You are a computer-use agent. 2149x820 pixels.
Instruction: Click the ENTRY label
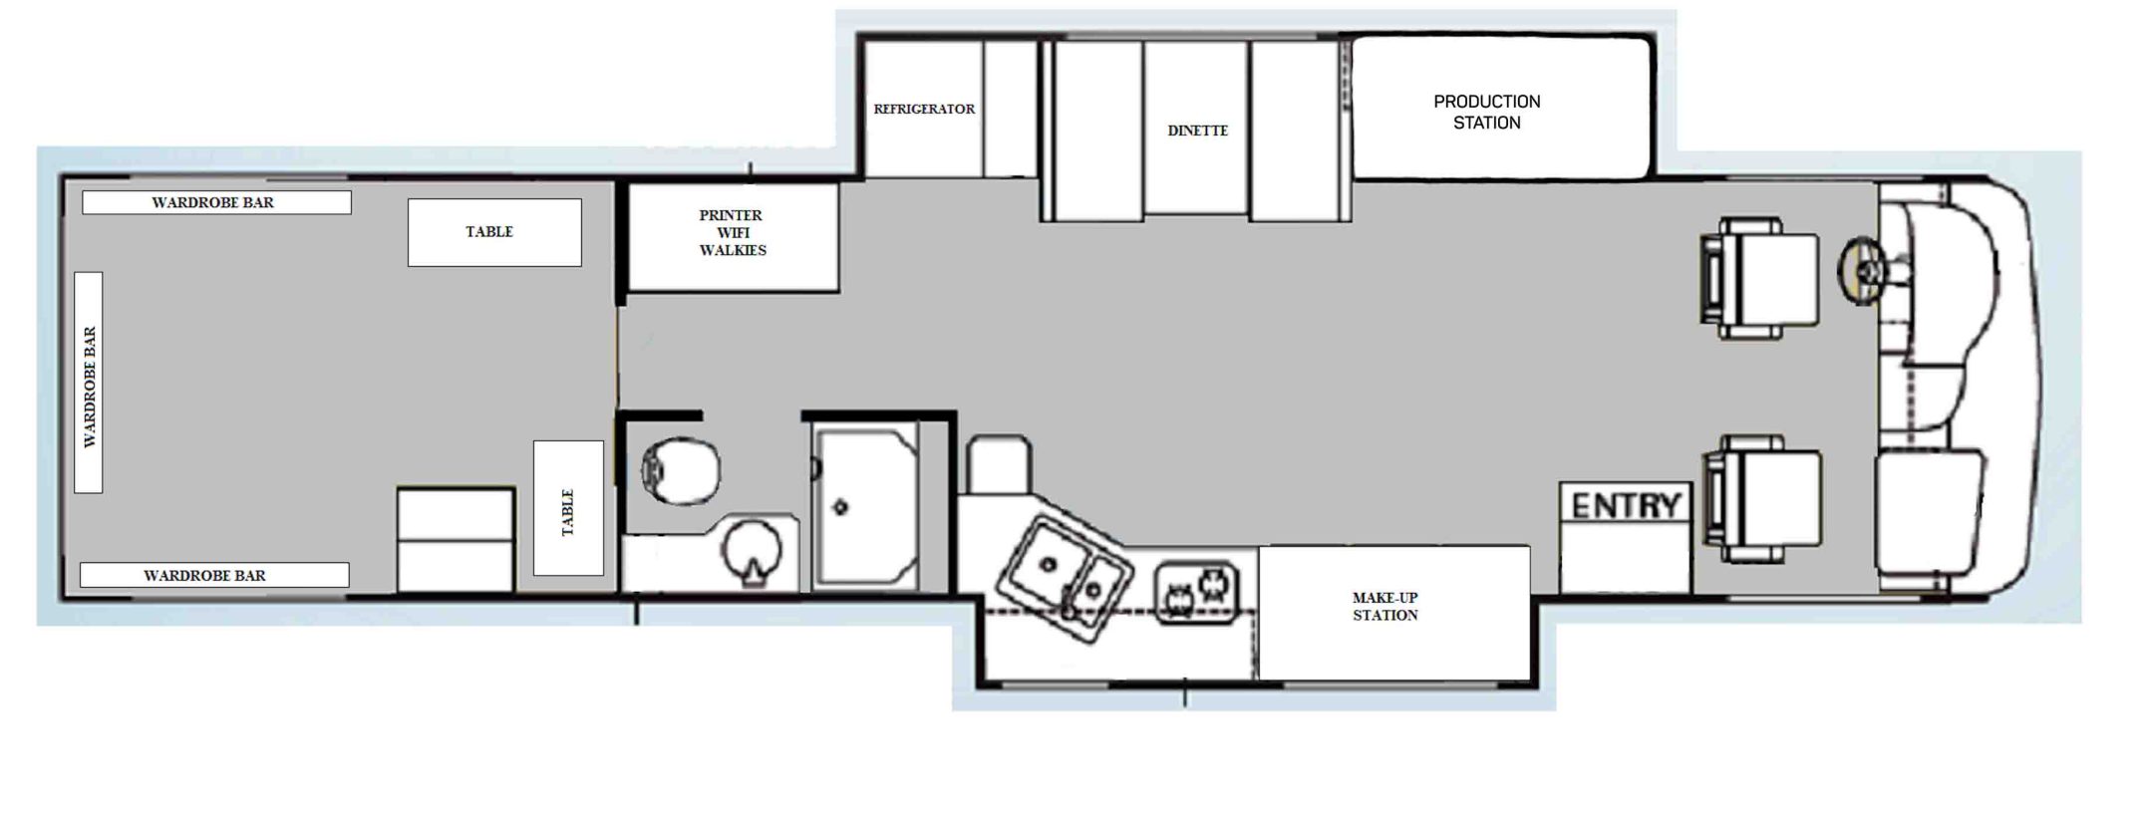click(1626, 505)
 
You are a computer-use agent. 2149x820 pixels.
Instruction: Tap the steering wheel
click(1863, 269)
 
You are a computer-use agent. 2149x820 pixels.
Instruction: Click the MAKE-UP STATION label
click(1384, 606)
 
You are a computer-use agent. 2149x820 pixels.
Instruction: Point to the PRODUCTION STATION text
click(1486, 112)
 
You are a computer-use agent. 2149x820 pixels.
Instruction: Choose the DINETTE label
click(1197, 131)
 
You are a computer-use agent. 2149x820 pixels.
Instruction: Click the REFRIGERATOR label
click(924, 109)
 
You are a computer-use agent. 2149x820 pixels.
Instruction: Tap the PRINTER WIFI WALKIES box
click(733, 237)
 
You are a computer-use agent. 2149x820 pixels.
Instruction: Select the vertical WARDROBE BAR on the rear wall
click(89, 383)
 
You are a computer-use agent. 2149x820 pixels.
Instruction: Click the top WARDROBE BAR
click(216, 202)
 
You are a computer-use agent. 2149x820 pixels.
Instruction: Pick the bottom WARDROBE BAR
click(214, 575)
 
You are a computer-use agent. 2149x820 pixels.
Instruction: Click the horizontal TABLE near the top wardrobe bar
click(494, 232)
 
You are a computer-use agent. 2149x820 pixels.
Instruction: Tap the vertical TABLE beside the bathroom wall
click(568, 508)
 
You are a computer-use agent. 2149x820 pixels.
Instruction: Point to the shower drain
click(840, 507)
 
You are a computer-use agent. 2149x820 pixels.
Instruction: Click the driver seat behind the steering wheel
click(1759, 279)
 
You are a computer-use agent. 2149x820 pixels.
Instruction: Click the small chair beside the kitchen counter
click(999, 464)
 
